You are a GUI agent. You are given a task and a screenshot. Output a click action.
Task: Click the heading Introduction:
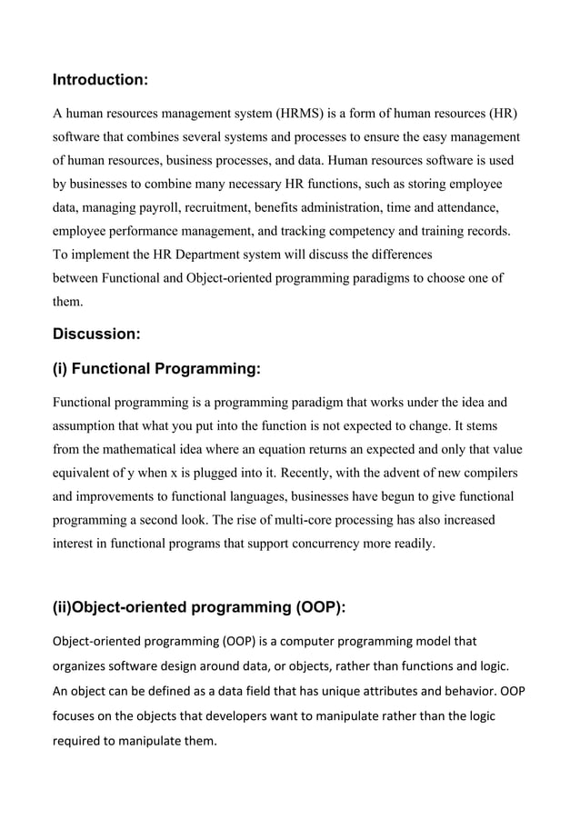100,80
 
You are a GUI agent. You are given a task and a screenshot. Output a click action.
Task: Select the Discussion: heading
96,334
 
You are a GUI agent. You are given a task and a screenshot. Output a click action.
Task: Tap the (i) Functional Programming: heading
156,368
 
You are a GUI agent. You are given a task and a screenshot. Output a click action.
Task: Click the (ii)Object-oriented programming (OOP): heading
205,607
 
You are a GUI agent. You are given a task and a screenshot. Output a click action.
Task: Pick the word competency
355,230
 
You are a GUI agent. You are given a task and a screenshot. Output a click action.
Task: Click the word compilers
485,473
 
